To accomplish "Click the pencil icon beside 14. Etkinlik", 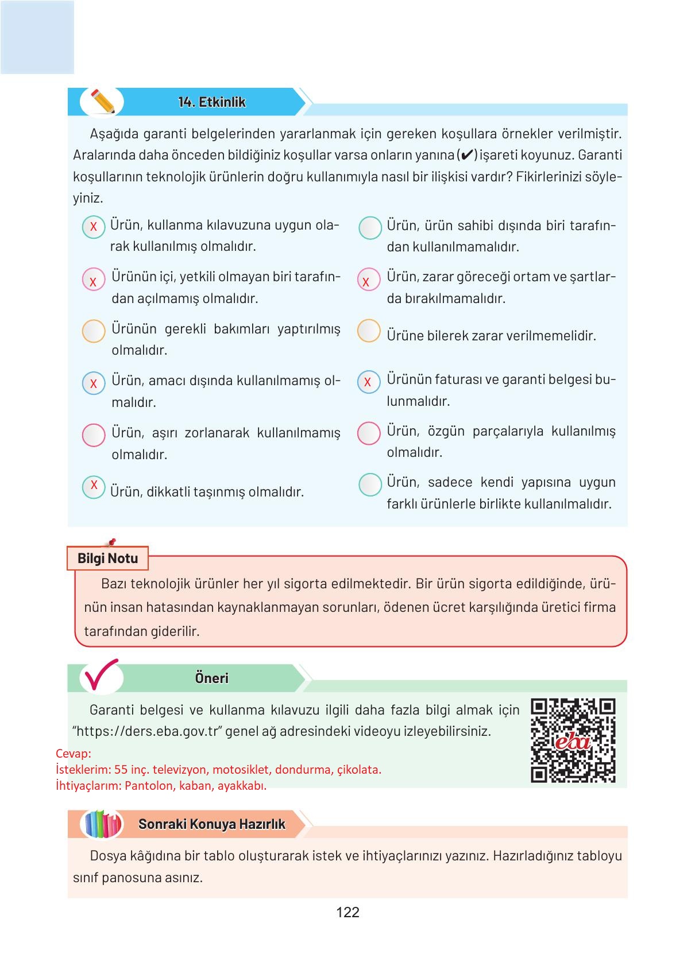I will (x=102, y=102).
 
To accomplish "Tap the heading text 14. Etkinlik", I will (x=211, y=102).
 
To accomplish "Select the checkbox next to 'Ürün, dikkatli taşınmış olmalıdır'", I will (x=94, y=487).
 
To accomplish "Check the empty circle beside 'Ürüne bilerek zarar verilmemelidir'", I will (x=369, y=331).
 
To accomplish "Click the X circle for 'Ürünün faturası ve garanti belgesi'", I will (x=369, y=382).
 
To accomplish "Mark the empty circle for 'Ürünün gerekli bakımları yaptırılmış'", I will (x=94, y=331).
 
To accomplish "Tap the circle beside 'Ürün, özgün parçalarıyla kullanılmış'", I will (x=369, y=433).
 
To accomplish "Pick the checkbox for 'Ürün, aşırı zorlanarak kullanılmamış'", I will (x=94, y=435).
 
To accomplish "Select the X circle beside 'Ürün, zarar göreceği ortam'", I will (x=369, y=280).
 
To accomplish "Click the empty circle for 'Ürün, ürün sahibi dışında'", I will (x=370, y=228).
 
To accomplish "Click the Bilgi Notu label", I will (x=107, y=558).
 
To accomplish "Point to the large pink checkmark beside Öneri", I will (x=101, y=675).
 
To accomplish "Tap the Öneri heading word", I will (x=211, y=678).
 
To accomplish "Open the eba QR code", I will (x=573, y=740).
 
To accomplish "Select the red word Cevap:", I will (x=74, y=754).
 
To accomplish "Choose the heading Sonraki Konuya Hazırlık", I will (x=211, y=824).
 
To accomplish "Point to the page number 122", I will (x=347, y=912).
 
